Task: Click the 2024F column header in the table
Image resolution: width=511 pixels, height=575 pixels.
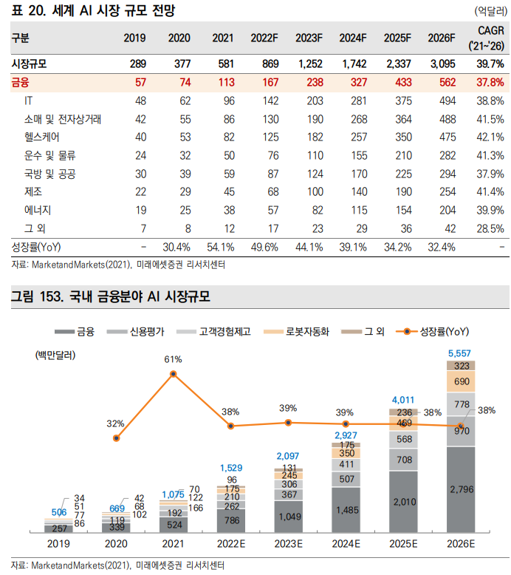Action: point(353,38)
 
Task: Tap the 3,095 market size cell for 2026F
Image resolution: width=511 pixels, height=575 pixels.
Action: point(441,64)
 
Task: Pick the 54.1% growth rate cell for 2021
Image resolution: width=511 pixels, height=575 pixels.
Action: point(219,247)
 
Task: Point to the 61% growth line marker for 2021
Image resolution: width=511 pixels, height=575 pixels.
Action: point(174,374)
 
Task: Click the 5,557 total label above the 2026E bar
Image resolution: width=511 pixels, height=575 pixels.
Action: point(461,353)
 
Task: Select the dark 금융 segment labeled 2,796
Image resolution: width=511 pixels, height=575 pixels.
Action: point(461,489)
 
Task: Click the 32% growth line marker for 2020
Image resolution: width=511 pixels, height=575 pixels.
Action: point(116,438)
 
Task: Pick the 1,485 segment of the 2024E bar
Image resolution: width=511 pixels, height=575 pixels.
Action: point(346,510)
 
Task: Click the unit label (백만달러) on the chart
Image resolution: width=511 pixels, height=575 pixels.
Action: point(55,355)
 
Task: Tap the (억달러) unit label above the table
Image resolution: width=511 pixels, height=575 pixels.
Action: point(489,11)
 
